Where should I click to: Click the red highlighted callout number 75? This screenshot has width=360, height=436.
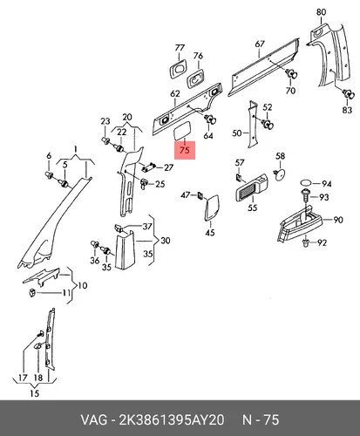tap(185, 150)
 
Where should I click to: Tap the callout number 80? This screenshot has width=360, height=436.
tap(321, 12)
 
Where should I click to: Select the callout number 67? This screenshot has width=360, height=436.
tap(260, 44)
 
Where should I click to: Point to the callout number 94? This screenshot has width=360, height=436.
tap(326, 184)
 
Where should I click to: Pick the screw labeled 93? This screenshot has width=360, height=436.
tap(305, 196)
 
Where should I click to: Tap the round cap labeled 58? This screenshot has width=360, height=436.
tap(280, 174)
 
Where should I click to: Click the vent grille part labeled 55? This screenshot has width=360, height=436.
tap(252, 187)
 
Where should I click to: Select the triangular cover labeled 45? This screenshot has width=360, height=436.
tap(212, 208)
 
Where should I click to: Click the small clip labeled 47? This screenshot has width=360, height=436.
tap(200, 195)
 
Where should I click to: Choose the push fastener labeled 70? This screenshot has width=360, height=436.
tap(291, 74)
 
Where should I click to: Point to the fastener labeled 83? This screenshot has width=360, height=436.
tap(349, 94)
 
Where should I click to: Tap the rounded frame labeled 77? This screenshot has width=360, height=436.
tap(178, 70)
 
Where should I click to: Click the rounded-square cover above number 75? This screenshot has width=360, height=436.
tap(182, 132)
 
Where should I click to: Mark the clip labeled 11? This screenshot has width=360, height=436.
tap(31, 293)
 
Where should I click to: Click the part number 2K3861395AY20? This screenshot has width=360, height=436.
tap(172, 420)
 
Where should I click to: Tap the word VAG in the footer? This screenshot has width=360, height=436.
tap(93, 420)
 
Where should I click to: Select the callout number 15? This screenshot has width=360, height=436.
tap(34, 393)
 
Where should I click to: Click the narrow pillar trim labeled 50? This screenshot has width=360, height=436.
tap(252, 125)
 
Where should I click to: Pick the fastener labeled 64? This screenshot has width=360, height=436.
tap(211, 119)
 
